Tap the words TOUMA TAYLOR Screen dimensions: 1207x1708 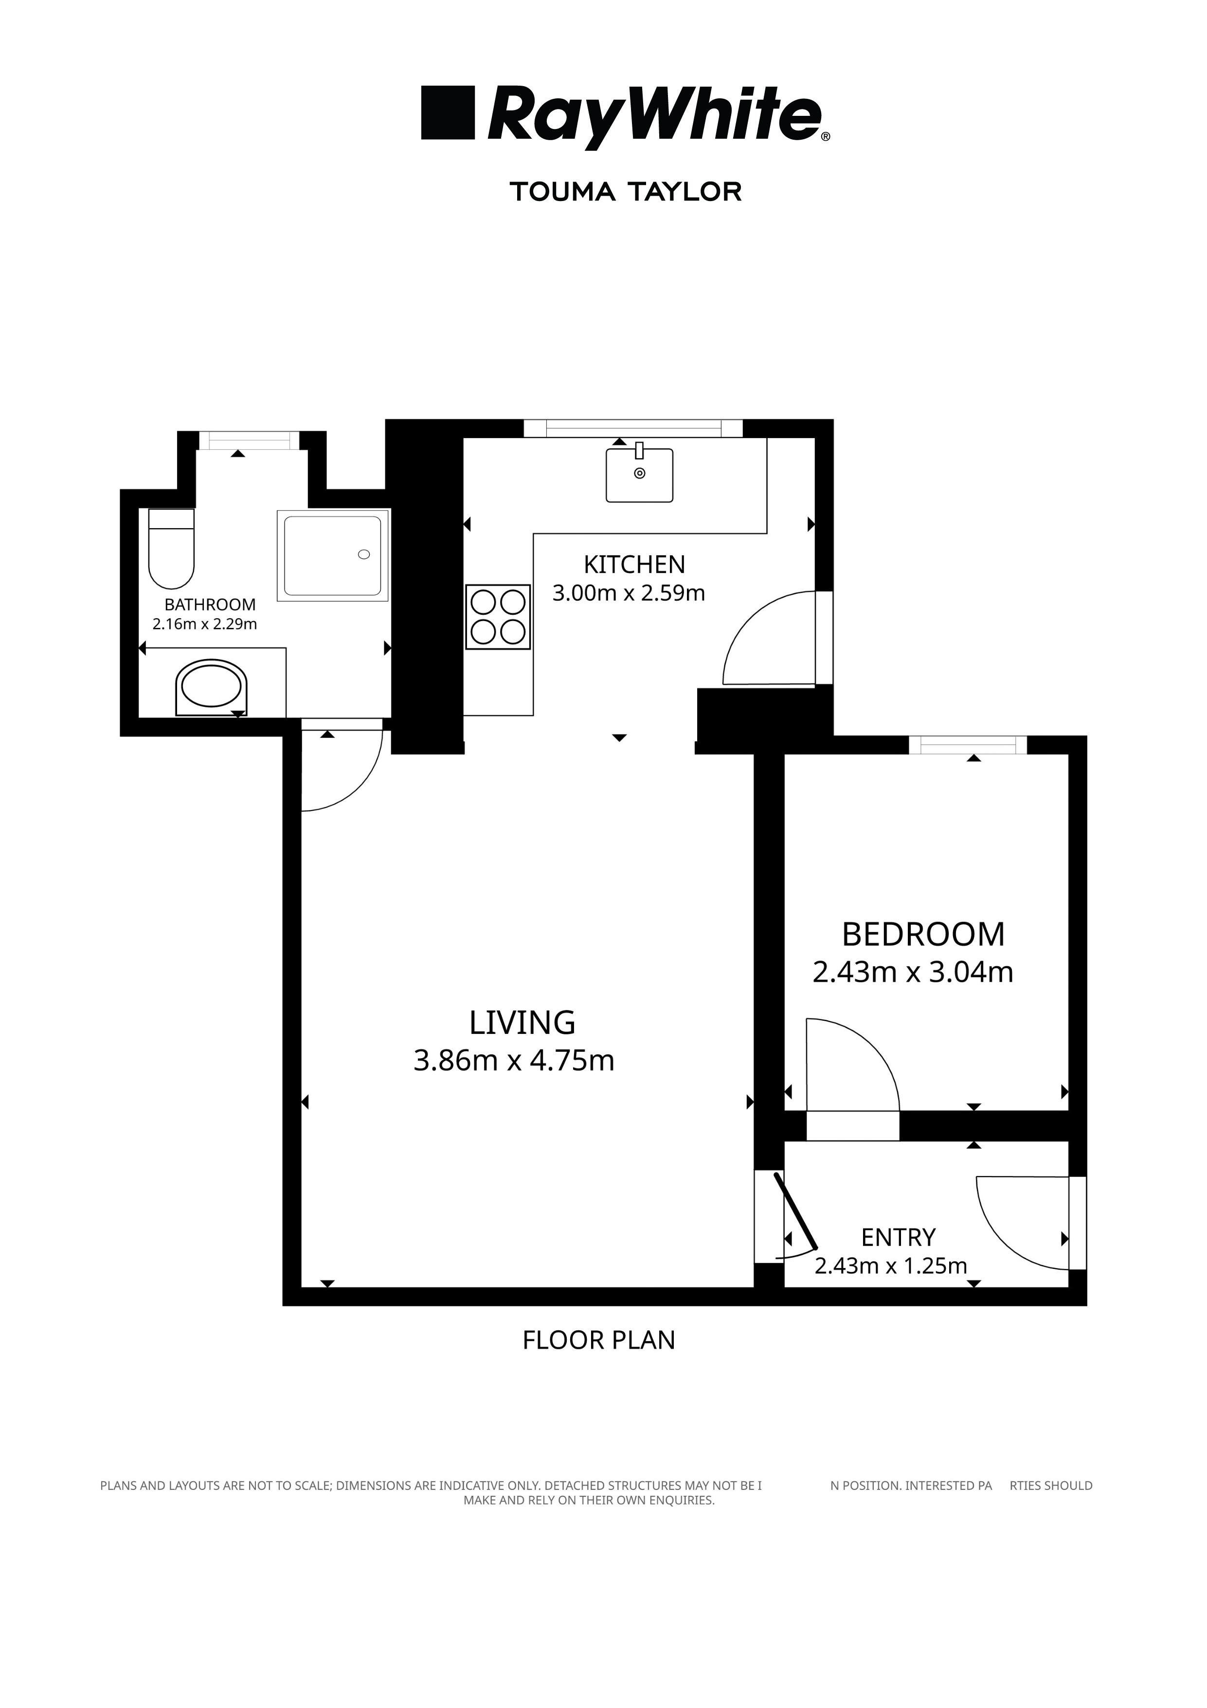pyautogui.click(x=626, y=192)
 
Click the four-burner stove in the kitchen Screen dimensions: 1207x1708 pyautogui.click(x=498, y=617)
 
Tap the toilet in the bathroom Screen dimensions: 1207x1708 pyautogui.click(x=172, y=548)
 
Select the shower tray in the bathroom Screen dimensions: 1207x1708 pyautogui.click(x=333, y=555)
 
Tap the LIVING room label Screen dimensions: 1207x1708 pyautogui.click(x=522, y=1023)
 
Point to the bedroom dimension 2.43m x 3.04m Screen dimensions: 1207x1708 pyautogui.click(x=913, y=973)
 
